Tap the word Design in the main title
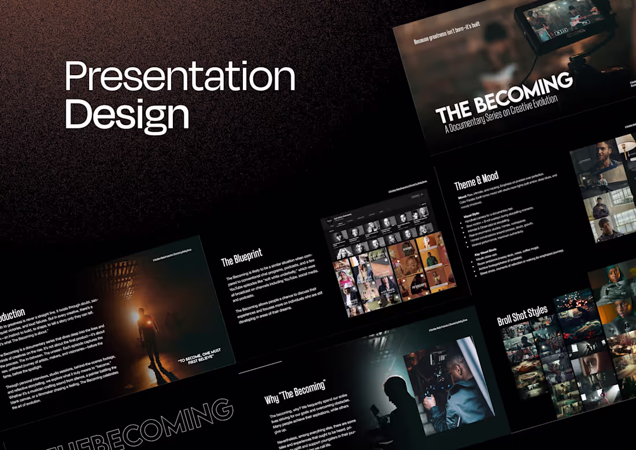click(127, 114)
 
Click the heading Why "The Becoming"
click(295, 392)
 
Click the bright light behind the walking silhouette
click(138, 316)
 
